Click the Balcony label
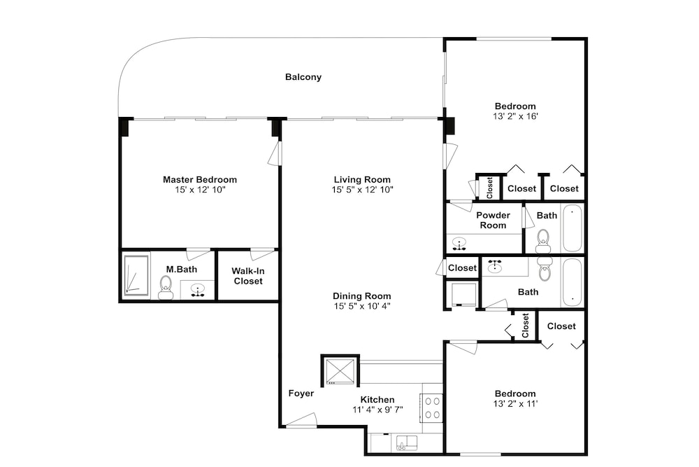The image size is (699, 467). (x=303, y=77)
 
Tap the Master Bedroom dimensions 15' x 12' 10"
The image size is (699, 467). (x=200, y=190)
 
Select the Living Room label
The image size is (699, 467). (x=362, y=179)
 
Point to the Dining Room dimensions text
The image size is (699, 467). (x=362, y=306)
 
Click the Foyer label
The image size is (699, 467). (x=301, y=393)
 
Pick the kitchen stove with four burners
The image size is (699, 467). (x=431, y=407)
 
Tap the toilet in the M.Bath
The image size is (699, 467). (x=166, y=288)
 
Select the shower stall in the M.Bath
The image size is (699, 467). (x=136, y=275)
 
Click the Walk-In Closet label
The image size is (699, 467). (x=248, y=276)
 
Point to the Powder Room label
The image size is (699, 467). (x=493, y=220)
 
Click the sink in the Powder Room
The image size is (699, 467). (x=459, y=244)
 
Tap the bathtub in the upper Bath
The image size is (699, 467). (x=572, y=228)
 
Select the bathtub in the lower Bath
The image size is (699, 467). (x=572, y=281)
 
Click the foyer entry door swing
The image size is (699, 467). (x=301, y=420)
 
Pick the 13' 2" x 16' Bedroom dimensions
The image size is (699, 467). (x=515, y=116)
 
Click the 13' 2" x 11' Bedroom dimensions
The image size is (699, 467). (x=515, y=403)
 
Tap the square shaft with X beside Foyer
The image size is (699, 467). (x=340, y=371)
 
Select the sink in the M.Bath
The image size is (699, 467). (x=197, y=290)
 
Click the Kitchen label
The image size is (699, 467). (x=377, y=399)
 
